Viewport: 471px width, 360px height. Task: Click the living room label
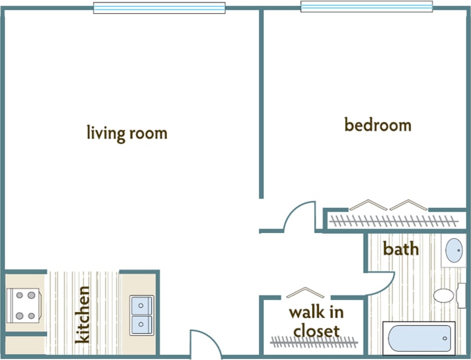[126, 133]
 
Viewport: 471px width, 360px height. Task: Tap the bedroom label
[378, 124]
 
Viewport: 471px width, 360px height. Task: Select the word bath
[401, 249]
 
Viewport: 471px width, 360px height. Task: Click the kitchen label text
[83, 314]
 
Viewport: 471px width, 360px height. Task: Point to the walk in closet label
[316, 321]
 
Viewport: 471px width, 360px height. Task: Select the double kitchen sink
[141, 315]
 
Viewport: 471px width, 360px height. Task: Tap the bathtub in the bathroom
[419, 338]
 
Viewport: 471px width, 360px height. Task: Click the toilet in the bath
[446, 295]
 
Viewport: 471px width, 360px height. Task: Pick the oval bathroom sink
[454, 251]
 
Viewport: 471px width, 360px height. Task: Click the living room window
[159, 8]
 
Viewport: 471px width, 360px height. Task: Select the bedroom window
[366, 7]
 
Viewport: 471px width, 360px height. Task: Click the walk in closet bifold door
[305, 292]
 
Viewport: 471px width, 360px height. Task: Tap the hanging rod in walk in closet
[314, 342]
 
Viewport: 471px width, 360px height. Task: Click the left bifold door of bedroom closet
[368, 204]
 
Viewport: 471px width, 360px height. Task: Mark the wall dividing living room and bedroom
[262, 103]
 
